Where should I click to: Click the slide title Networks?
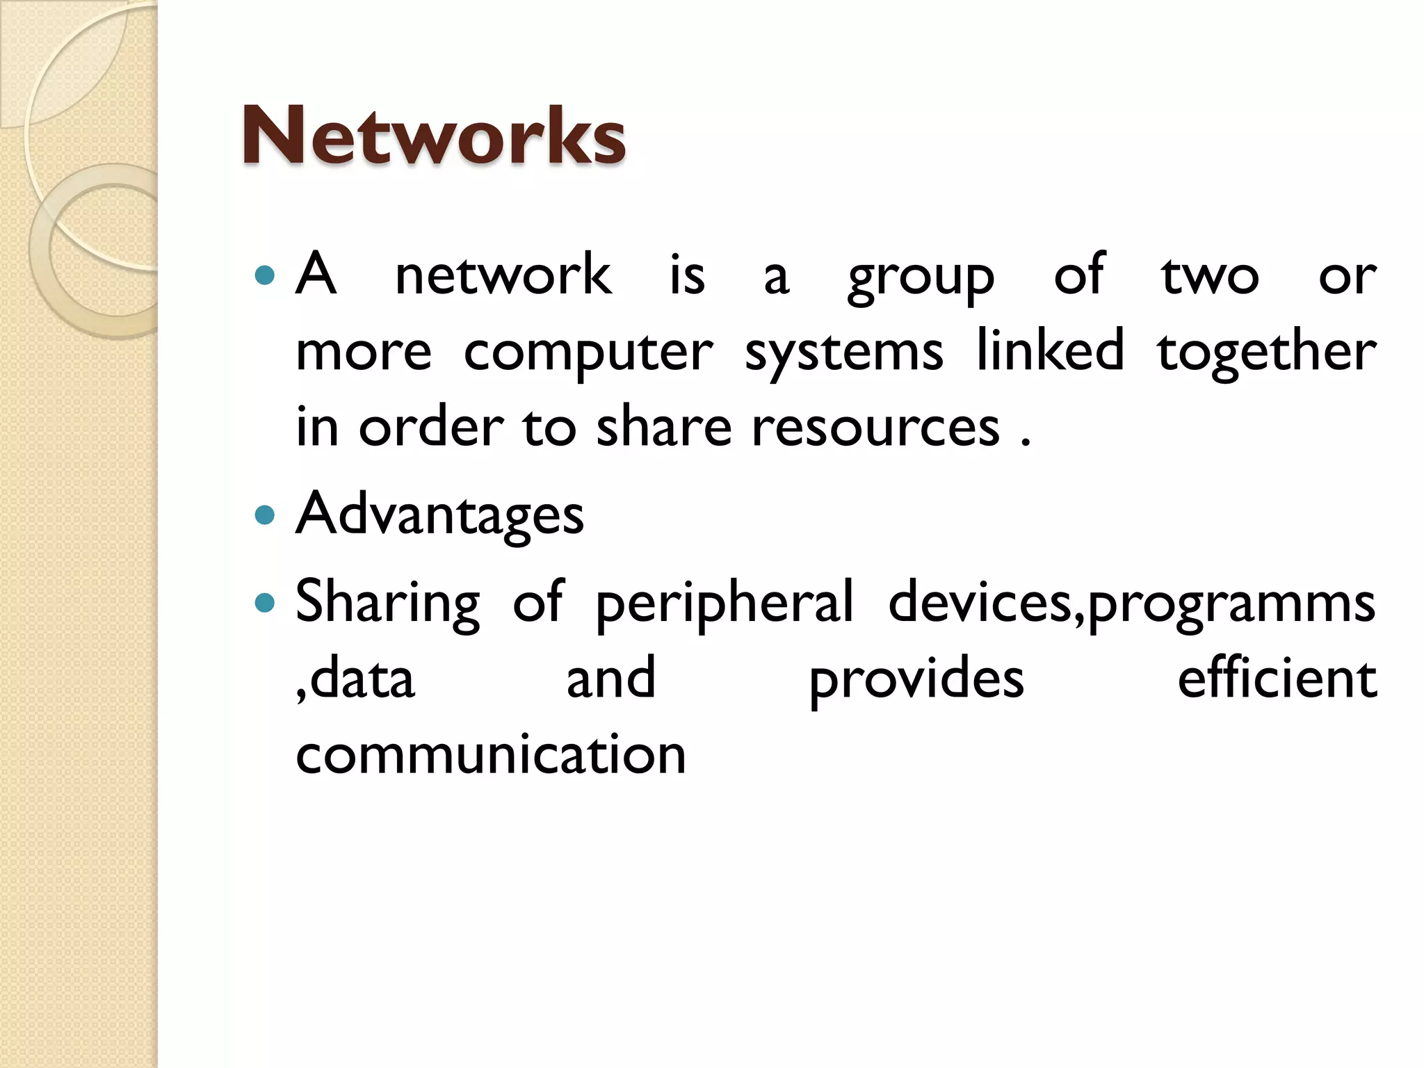(x=434, y=136)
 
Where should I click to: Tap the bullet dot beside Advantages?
(x=265, y=515)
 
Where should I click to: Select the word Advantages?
(x=439, y=515)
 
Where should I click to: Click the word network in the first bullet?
(x=503, y=275)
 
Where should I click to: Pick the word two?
(x=1209, y=275)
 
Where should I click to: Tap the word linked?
(x=1050, y=350)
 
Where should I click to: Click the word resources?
(x=875, y=427)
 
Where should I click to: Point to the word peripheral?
(x=724, y=603)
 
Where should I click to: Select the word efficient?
(x=1277, y=678)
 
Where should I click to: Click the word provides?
(x=916, y=680)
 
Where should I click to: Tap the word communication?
(x=491, y=754)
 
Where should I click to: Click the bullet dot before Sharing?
(x=265, y=602)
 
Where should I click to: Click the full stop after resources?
(x=1025, y=443)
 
